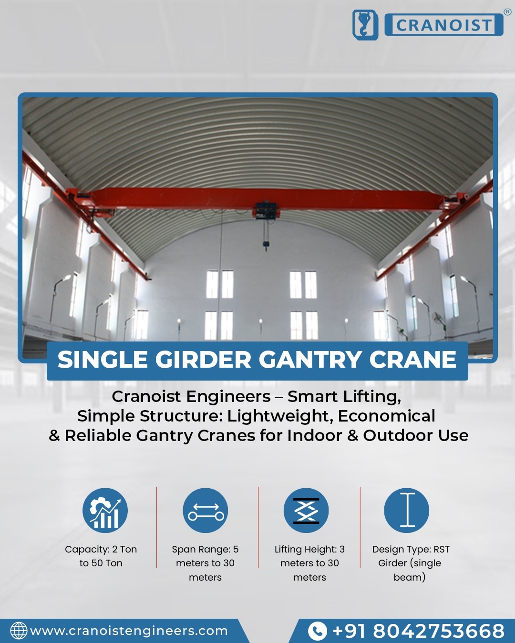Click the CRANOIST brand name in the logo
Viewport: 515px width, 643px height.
pos(444,25)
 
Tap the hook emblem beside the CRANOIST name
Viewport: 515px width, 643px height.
pos(365,25)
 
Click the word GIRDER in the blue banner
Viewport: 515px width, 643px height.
pos(203,360)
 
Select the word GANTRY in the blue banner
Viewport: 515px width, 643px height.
pos(310,360)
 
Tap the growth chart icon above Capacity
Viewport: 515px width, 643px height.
pos(105,510)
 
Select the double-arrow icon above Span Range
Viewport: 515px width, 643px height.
pos(205,510)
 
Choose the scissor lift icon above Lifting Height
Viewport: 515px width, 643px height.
pos(306,510)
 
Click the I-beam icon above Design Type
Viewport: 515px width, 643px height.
pos(407,510)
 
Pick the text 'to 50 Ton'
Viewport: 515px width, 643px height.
pos(101,563)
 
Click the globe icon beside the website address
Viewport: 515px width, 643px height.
pos(19,631)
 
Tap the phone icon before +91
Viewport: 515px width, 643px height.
pos(318,631)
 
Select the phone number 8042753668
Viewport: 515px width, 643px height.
pos(439,631)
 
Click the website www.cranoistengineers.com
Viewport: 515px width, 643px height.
pos(129,631)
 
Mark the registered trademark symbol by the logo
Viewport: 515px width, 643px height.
pos(507,12)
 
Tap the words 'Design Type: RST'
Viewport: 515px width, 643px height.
pos(411,549)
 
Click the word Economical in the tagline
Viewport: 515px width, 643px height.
pos(387,416)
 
